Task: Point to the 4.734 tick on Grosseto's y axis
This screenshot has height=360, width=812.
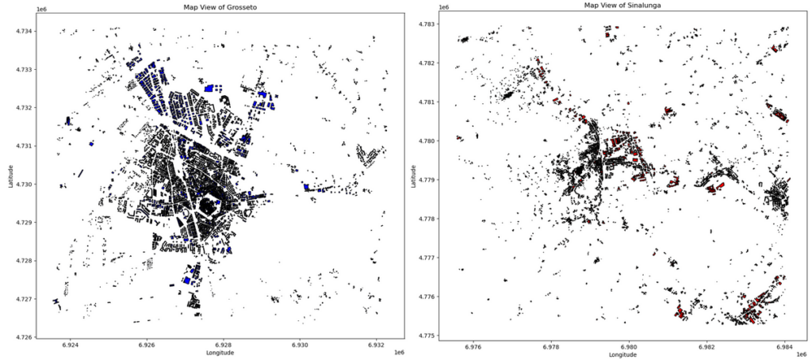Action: click(x=24, y=31)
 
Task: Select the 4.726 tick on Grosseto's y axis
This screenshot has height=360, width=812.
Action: click(x=24, y=338)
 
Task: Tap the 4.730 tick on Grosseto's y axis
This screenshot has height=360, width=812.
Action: click(x=24, y=184)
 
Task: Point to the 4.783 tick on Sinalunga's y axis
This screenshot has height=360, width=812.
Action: click(x=425, y=25)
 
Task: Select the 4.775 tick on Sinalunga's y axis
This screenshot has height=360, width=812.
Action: click(x=425, y=336)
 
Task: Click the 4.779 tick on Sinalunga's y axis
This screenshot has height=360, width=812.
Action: click(x=425, y=180)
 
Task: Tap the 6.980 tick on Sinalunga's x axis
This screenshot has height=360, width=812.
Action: click(x=629, y=346)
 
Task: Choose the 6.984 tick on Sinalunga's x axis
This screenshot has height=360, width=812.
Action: click(x=785, y=346)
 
